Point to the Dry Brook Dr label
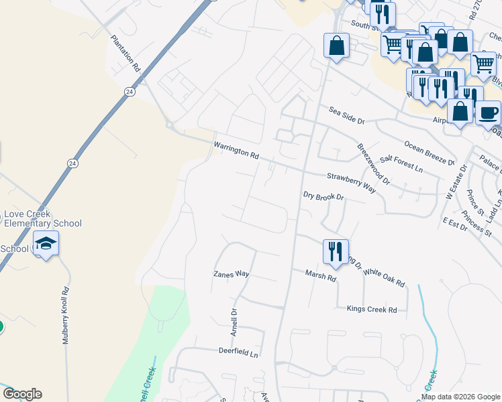coord(323,197)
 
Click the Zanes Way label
coord(231,274)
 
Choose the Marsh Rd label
coord(320,275)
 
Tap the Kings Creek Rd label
coord(372,310)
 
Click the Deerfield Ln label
coord(238,350)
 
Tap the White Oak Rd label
coord(384,277)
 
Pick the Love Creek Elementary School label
coord(43,219)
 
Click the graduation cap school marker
coord(46,244)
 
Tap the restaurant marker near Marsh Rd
coord(336,252)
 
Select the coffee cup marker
coord(489,112)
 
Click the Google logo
coord(21,394)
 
